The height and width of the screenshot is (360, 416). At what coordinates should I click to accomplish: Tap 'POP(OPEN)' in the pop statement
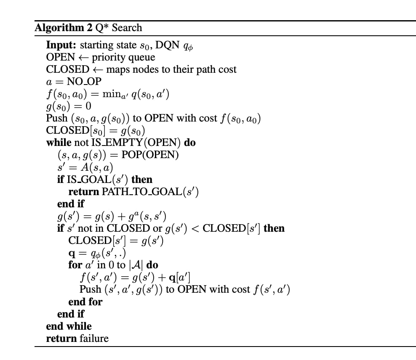tap(150, 155)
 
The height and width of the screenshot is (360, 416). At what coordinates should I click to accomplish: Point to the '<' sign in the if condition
tap(195, 228)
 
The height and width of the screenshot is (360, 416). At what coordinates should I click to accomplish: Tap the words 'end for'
tap(85, 302)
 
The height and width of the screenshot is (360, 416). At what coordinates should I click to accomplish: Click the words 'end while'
tap(69, 326)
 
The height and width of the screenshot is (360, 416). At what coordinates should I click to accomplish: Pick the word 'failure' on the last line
tap(94, 338)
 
